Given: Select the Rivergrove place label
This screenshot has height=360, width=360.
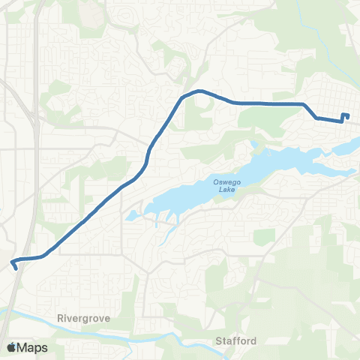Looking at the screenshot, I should click(83, 318).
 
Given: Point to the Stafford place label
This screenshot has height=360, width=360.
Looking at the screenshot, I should click(236, 341).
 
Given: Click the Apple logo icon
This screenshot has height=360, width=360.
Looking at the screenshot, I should click(12, 347).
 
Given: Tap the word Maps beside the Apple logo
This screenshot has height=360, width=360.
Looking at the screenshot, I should click(34, 347).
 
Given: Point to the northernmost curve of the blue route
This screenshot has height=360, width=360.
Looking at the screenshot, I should click(198, 91).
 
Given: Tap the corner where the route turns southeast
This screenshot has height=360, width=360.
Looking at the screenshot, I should click(304, 105).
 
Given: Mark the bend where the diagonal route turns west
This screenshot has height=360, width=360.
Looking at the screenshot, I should click(45, 255).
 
